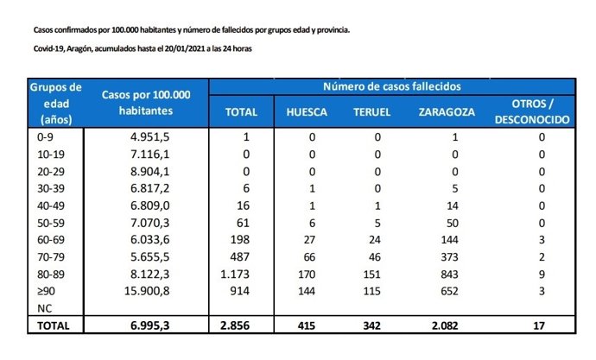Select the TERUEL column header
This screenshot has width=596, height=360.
(372, 112)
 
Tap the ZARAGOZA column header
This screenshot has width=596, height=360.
(445, 112)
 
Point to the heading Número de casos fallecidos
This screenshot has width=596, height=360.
(392, 87)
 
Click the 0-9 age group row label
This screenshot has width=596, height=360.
(41, 137)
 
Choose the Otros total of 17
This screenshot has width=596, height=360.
(541, 326)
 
